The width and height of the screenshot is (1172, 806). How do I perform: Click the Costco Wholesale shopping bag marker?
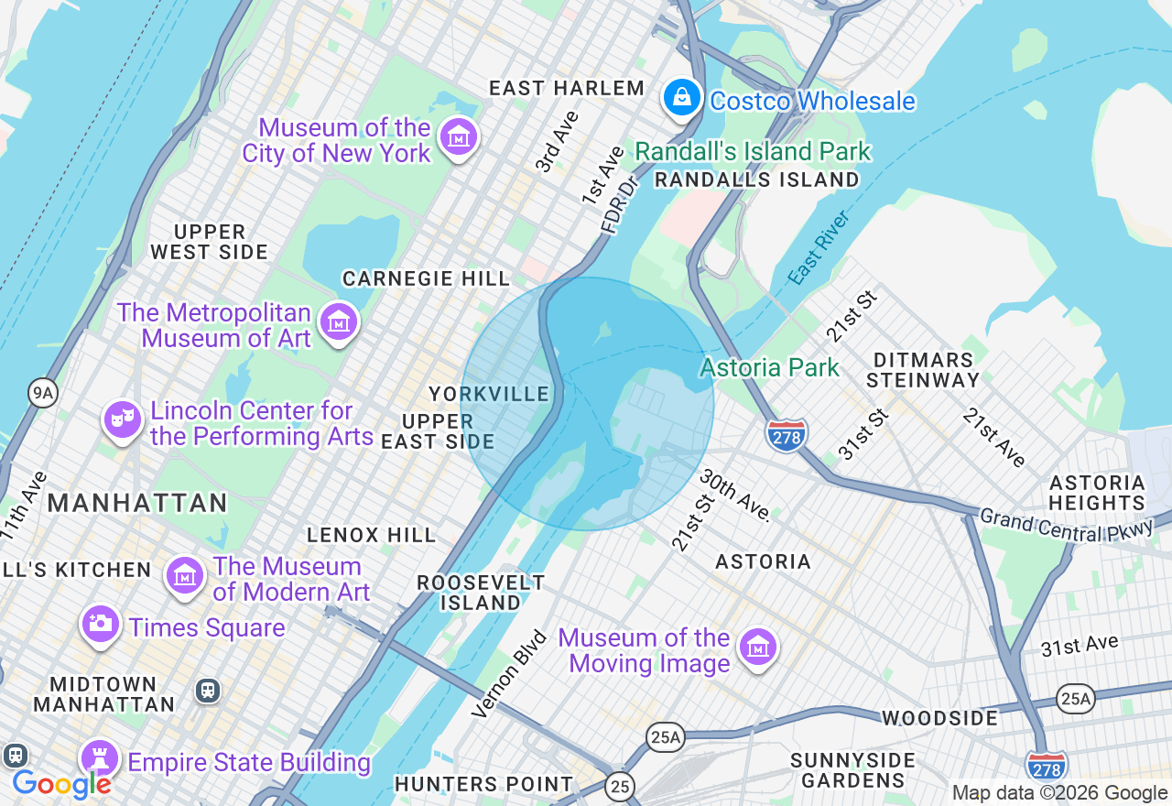[681, 97]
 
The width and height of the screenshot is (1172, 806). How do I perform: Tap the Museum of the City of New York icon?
[459, 137]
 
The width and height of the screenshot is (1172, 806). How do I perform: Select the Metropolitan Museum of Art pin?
[339, 321]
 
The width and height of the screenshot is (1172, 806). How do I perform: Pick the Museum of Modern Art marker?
[185, 576]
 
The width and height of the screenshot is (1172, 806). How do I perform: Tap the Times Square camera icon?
[101, 625]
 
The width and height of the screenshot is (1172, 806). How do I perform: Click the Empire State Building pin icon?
[100, 759]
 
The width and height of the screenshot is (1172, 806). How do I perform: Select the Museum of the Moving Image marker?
[758, 648]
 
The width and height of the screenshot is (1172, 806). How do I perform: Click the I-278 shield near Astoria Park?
[787, 434]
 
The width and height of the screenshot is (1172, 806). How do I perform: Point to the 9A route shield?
[42, 394]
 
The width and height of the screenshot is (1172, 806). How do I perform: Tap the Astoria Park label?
[769, 368]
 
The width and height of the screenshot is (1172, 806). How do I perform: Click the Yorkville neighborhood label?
[490, 395]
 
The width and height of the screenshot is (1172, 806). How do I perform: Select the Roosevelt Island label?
[481, 593]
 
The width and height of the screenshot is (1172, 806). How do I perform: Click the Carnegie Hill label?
[426, 278]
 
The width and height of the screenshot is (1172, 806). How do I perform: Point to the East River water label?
[819, 247]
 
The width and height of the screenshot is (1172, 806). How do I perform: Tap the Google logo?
[61, 784]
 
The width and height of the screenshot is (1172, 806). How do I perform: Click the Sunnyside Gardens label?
[852, 770]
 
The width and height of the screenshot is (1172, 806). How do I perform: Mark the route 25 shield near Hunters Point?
[620, 786]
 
